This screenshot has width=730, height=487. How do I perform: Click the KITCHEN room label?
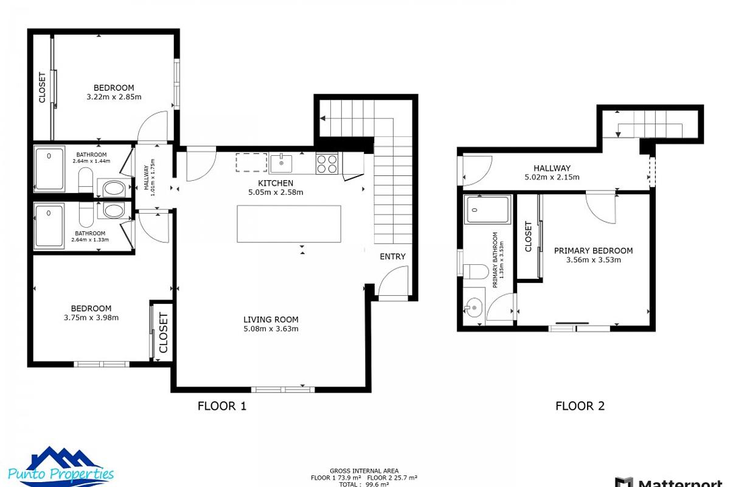click(x=276, y=183)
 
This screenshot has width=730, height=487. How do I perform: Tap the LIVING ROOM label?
click(x=271, y=320)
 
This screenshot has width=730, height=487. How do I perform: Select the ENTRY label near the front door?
click(x=392, y=256)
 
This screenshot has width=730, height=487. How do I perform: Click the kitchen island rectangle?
click(x=288, y=223)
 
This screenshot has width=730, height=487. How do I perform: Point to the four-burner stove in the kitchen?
click(x=327, y=163)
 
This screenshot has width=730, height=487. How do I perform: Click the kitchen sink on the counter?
click(x=281, y=163)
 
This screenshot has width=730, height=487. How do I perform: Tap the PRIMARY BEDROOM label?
click(x=593, y=250)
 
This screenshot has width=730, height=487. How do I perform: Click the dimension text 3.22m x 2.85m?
click(x=114, y=97)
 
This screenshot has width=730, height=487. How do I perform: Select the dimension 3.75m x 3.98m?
click(x=91, y=317)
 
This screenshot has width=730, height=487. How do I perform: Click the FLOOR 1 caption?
click(x=222, y=406)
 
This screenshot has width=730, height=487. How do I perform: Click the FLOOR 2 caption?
click(x=580, y=406)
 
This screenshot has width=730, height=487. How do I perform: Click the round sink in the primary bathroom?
click(x=473, y=308)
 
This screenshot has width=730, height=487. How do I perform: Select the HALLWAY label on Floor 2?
click(x=552, y=168)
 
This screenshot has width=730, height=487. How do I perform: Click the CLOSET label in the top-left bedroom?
click(x=42, y=88)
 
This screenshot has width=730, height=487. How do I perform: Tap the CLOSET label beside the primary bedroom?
click(x=528, y=237)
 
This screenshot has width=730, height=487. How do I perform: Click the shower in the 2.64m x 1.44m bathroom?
click(x=50, y=169)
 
